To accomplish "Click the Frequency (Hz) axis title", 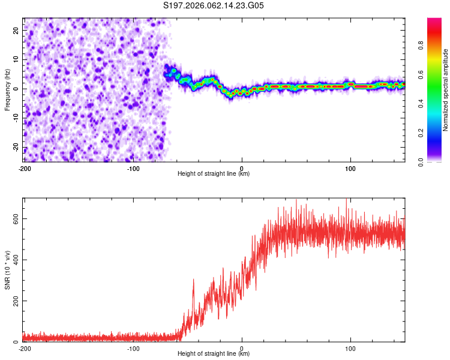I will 7,89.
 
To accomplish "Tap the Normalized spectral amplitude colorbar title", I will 446,90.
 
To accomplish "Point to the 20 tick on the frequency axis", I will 16,29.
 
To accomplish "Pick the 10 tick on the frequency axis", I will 16,59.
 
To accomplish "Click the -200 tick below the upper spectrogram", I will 25,168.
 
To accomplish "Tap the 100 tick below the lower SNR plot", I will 350,349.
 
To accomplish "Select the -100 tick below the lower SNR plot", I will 133,349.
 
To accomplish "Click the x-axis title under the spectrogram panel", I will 214,174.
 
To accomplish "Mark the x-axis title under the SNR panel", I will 214,355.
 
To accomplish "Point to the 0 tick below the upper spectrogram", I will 242,168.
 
